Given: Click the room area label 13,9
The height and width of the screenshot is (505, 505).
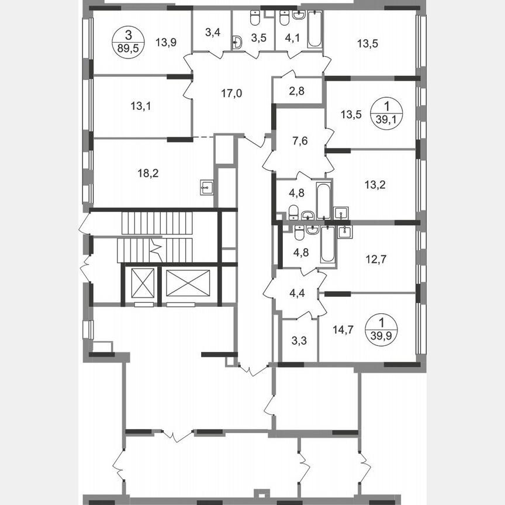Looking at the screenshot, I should (167, 42).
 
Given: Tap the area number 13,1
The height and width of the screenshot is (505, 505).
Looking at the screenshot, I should (141, 106).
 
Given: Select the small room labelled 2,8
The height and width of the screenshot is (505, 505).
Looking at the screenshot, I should (296, 91).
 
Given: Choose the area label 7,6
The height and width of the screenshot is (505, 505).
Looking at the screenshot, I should (298, 140).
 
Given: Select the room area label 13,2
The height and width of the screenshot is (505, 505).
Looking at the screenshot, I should (375, 185).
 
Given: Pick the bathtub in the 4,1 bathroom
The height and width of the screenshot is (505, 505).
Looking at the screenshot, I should (314, 29).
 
